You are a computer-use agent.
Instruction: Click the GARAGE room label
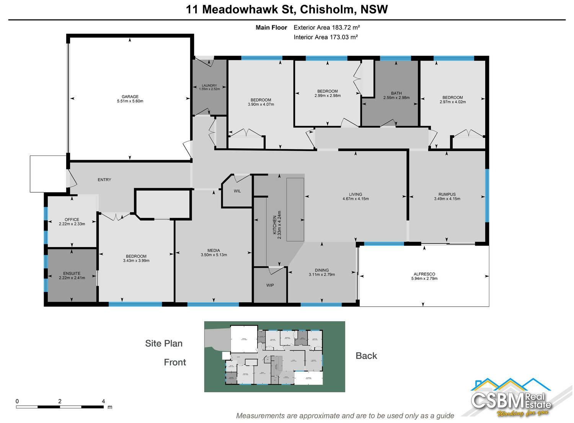130,97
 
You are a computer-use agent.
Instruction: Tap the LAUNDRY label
209,85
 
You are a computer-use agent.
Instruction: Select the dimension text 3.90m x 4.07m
261,104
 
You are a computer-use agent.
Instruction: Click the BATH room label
396,93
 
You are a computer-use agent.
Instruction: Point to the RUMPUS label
447,194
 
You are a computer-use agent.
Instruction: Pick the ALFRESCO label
424,274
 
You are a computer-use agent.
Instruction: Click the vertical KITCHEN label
274,225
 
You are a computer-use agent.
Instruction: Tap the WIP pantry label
270,285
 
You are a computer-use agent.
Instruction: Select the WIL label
237,191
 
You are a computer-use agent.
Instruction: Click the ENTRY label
104,180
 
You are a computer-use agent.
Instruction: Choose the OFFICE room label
72,220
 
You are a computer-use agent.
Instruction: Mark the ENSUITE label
72,274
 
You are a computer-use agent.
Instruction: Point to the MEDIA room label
214,251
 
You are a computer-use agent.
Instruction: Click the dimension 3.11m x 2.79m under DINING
322,275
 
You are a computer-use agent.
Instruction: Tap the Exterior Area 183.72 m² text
326,28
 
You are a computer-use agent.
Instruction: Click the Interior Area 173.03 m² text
326,37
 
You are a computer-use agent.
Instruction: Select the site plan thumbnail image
274,356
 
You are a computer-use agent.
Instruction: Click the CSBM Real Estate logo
511,398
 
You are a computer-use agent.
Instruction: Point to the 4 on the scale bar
103,401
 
